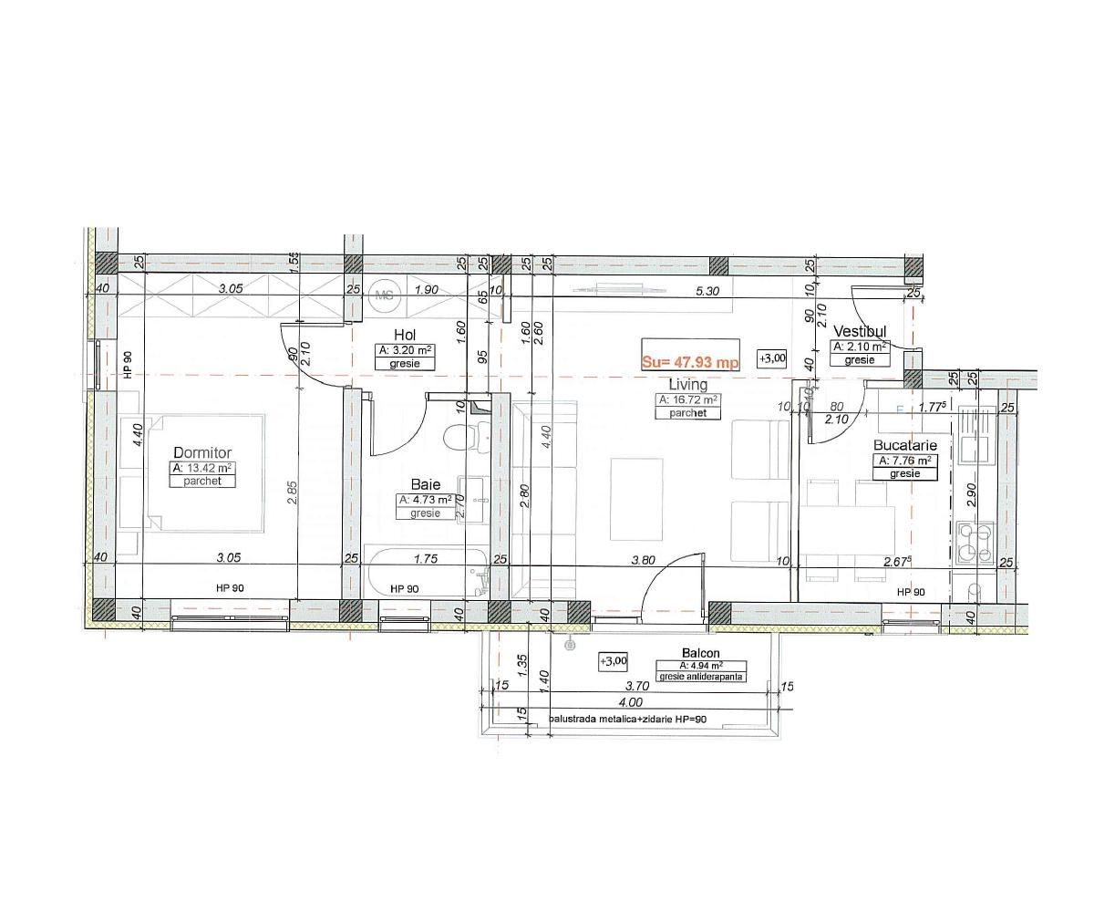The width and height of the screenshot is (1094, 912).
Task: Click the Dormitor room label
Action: [x=202, y=452]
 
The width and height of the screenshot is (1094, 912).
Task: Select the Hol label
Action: [x=405, y=335]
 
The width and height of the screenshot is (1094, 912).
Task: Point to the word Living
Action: [x=687, y=385]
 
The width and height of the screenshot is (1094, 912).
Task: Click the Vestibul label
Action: [x=859, y=331]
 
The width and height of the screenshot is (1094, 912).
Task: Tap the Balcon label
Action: [x=700, y=653]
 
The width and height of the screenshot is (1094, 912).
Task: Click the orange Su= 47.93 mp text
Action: [x=689, y=361]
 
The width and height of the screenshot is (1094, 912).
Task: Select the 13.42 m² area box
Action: [x=202, y=468]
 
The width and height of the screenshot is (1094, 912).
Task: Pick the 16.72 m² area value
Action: [x=688, y=399]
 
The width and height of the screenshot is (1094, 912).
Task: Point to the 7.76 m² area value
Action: [x=905, y=461]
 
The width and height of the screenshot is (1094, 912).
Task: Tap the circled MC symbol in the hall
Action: [x=384, y=295]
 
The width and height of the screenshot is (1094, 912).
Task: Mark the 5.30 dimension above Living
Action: [x=707, y=291]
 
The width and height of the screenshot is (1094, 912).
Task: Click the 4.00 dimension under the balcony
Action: [x=630, y=702]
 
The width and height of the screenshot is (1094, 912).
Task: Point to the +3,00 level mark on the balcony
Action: [x=613, y=660]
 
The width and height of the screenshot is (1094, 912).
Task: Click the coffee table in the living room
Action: [x=636, y=489]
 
